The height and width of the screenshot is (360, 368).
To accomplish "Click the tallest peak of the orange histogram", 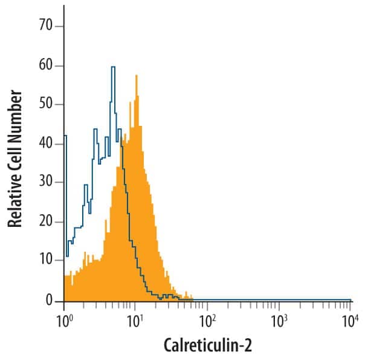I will [137, 76].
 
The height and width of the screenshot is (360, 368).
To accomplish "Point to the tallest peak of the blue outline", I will [113, 67].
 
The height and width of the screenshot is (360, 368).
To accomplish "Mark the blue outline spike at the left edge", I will [65, 136].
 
